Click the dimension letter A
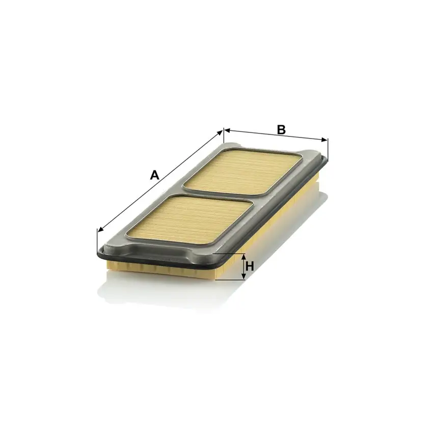pyautogui.click(x=155, y=175)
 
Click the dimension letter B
pyautogui.click(x=281, y=130)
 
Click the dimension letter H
pyautogui.click(x=250, y=267)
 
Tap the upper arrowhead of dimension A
pyautogui.click(x=220, y=132)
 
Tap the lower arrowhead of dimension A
pyautogui.click(x=101, y=229)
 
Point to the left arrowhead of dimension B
pyautogui.click(x=227, y=129)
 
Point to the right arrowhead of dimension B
pyautogui.click(x=324, y=140)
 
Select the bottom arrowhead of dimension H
pyautogui.click(x=243, y=276)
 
